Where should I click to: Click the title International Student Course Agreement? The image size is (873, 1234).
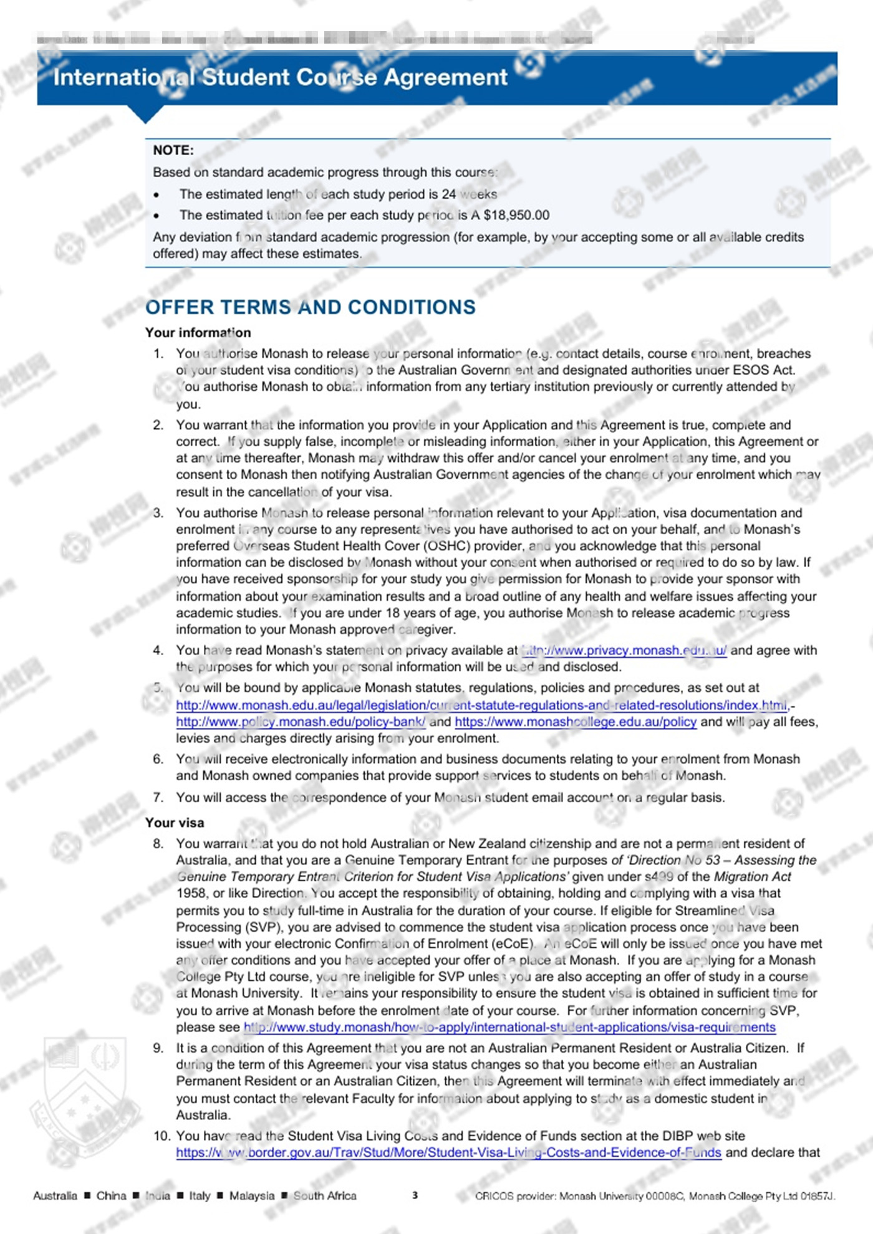click(x=280, y=77)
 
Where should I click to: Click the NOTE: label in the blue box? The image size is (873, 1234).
click(x=173, y=150)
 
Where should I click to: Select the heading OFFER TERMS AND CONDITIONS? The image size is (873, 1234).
click(x=310, y=307)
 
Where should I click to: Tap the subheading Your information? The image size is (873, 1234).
click(x=198, y=333)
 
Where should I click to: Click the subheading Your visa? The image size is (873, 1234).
click(x=175, y=823)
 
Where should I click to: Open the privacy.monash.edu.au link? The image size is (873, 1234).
click(x=624, y=651)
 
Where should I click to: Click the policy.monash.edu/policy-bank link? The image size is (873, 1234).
click(x=301, y=722)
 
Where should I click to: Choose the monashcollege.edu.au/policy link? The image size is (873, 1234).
click(x=575, y=722)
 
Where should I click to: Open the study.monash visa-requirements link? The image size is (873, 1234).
click(x=509, y=1028)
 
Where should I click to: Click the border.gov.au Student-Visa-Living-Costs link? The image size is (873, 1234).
click(x=448, y=1152)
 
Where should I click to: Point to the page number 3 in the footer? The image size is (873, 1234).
click(x=415, y=1195)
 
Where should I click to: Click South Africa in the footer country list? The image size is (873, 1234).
click(x=325, y=1196)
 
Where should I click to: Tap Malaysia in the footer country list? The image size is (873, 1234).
click(x=251, y=1196)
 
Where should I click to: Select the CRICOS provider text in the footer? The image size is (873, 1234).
click(x=655, y=1196)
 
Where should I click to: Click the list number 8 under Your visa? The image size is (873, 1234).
click(x=158, y=844)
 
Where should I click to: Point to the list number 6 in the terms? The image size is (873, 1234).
click(x=158, y=759)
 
